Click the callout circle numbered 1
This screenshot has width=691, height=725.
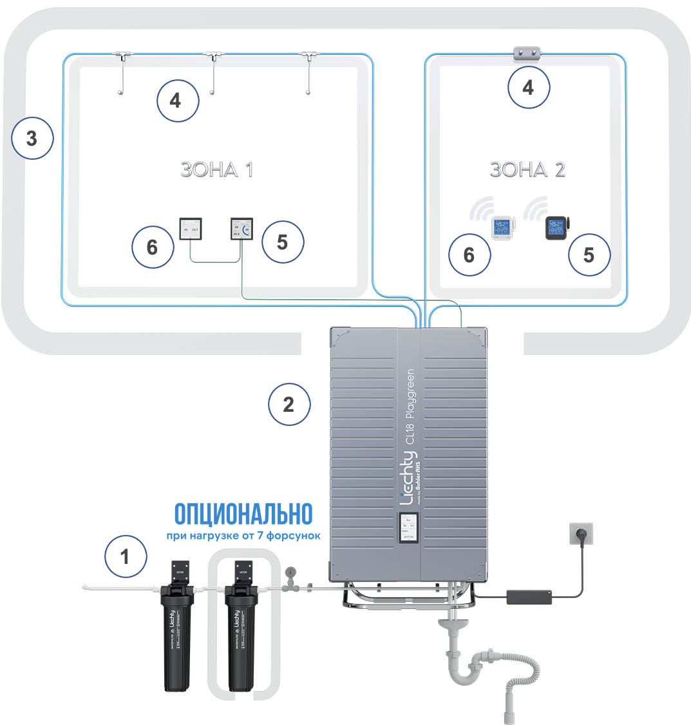point(125,556)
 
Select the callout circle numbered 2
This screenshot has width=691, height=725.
point(289,404)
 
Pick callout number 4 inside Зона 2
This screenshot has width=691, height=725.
point(529,87)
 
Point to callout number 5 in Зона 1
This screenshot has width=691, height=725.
point(281,242)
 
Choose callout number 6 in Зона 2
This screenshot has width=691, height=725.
point(469,255)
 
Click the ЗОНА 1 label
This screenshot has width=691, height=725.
point(216,169)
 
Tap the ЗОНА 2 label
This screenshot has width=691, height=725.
point(527,169)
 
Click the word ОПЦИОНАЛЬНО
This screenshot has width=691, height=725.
point(243,514)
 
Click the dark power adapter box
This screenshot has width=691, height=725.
point(530,596)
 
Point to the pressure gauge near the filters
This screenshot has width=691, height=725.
point(290,572)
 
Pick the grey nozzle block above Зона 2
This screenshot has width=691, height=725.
point(527,53)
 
